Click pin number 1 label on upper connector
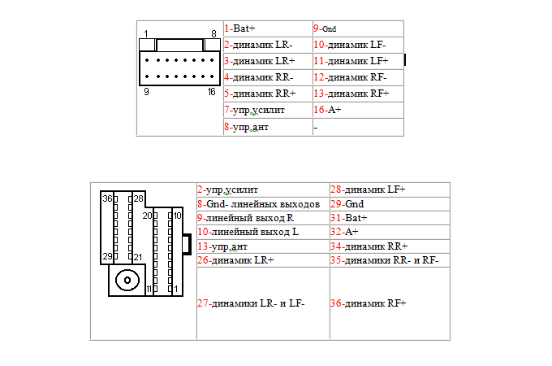[x=145, y=33]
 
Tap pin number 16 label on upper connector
[x=212, y=93]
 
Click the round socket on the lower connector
[x=127, y=281]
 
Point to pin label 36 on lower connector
[x=107, y=198]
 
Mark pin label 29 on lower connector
[x=107, y=256]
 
